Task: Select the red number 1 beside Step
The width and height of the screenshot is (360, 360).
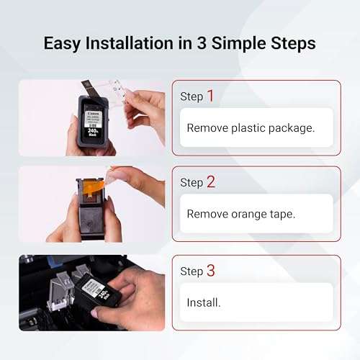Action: coord(210,95)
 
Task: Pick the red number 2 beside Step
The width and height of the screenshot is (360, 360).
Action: coord(210,181)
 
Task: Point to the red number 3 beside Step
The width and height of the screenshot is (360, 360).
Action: coord(210,271)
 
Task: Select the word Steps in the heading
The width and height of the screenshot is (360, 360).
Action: coord(289,43)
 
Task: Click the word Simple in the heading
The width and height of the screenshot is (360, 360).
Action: coord(238,43)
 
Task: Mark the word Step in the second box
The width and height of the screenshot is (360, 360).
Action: coord(192,183)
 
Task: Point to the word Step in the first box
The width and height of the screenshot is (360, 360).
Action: coord(192,96)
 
